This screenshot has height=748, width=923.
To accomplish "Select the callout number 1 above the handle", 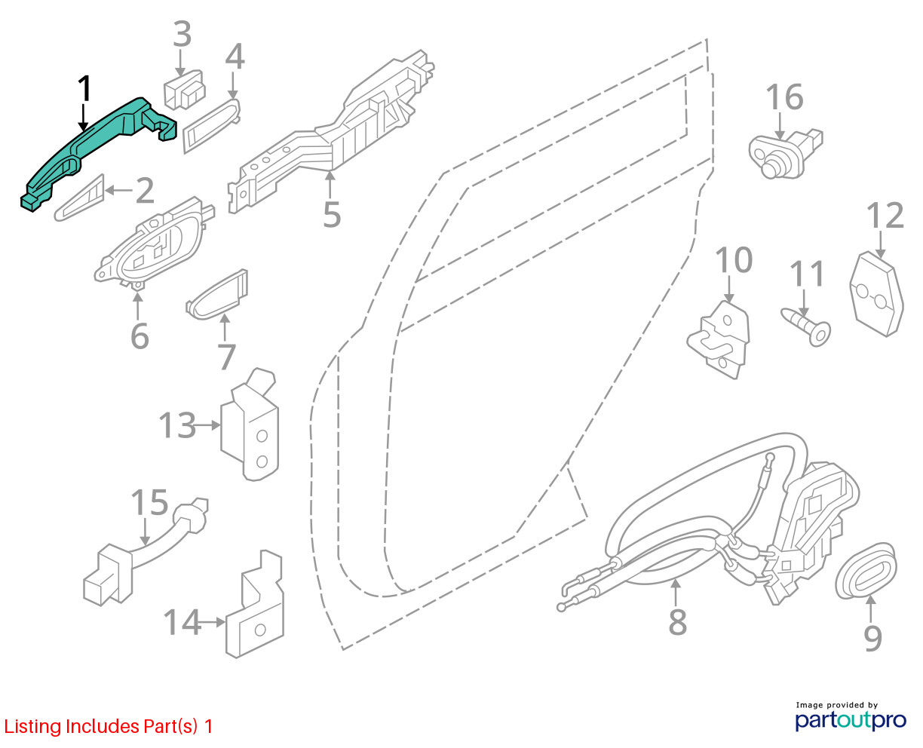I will (84, 89).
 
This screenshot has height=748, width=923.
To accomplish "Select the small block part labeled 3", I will (184, 90).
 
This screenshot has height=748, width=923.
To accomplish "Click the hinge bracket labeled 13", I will (251, 426).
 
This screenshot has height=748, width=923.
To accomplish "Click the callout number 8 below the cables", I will (677, 622).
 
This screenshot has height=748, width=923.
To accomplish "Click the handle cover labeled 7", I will (217, 296).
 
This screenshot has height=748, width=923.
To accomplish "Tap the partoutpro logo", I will (850, 719).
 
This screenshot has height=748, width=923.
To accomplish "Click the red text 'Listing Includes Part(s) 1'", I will (109, 727).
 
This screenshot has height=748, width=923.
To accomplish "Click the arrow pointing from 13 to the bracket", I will (207, 427).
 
